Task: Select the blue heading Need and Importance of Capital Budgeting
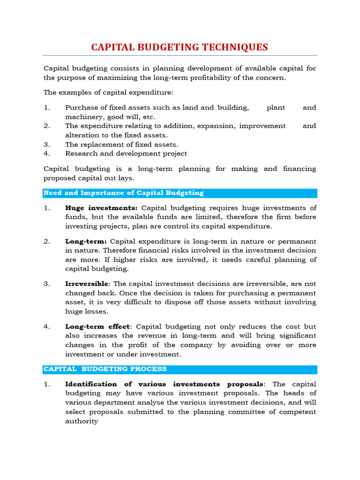123,193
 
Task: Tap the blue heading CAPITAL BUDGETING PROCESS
105,369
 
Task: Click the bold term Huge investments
101,208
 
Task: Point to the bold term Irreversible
87,284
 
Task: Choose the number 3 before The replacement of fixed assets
46,144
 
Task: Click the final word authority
82,421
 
